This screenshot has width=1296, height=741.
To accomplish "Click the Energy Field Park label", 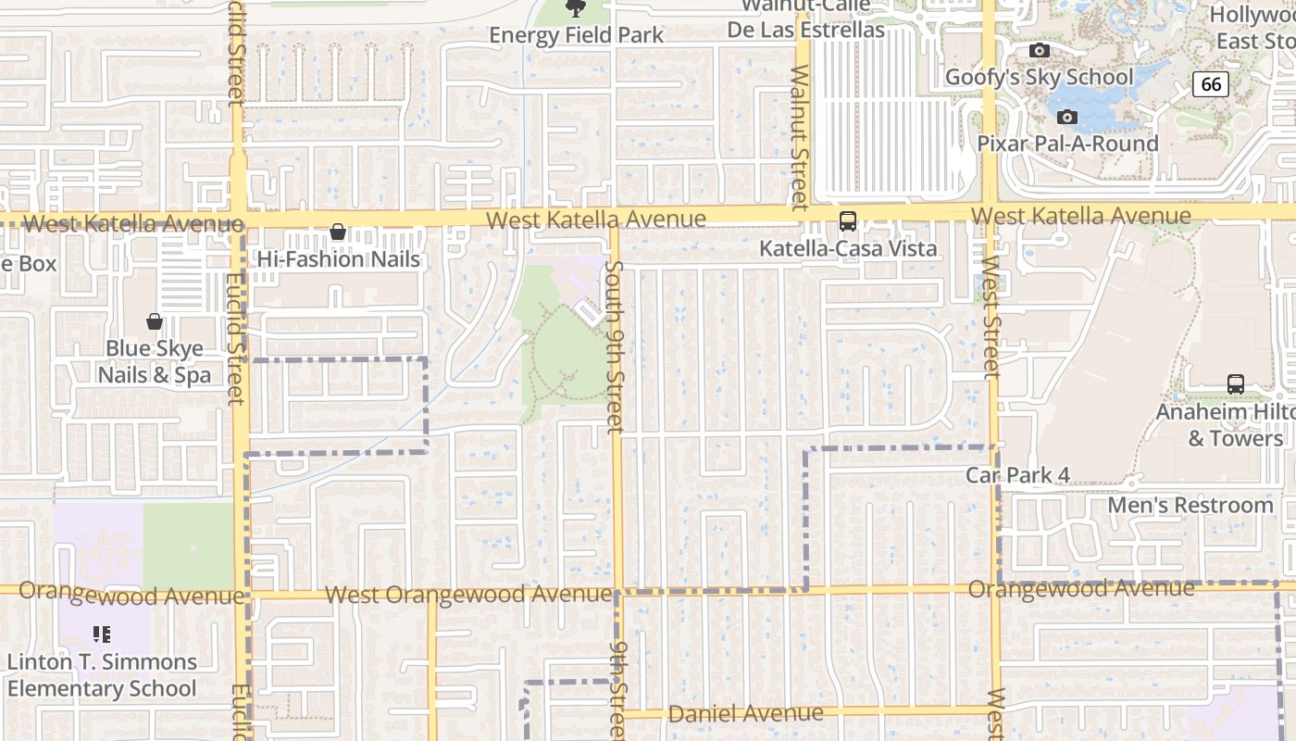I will [x=576, y=35].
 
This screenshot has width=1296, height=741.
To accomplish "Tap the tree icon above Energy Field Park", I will [x=576, y=9].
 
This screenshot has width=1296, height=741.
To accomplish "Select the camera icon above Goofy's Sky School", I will [x=1040, y=51].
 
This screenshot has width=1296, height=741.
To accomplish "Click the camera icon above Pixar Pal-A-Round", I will [x=1067, y=118].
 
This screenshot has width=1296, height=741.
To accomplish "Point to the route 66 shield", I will [x=1210, y=84].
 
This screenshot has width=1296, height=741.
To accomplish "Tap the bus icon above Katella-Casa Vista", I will [x=847, y=221].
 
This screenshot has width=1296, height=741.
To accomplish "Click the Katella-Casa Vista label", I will [x=848, y=248].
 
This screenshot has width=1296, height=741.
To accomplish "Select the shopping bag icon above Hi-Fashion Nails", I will [x=338, y=232].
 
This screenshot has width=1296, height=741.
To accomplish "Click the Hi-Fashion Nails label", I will [x=339, y=259].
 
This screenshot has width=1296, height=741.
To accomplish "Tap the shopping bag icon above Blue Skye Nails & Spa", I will [x=155, y=321].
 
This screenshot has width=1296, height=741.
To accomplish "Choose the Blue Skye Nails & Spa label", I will [x=155, y=362].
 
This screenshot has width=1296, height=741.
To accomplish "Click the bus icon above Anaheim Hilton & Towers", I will [x=1235, y=383].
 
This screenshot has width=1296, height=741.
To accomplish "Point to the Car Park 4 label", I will [x=1017, y=475].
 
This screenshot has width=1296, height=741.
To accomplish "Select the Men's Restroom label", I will [x=1190, y=505].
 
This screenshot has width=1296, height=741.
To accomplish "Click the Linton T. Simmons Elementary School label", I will [x=102, y=675].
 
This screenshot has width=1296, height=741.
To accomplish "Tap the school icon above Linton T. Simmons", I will [x=102, y=634].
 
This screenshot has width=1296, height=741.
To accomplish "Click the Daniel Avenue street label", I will [x=745, y=714].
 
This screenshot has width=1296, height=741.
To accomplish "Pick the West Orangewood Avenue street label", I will [x=468, y=594].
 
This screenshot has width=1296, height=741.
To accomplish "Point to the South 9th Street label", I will [x=615, y=346].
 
